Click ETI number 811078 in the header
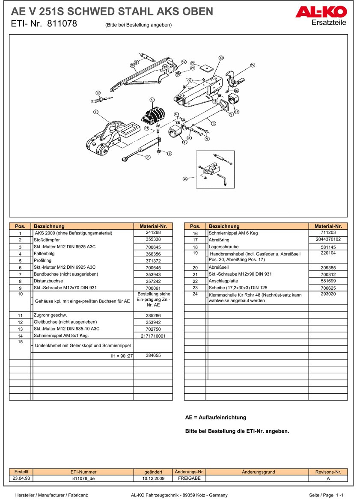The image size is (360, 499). coord(62,24)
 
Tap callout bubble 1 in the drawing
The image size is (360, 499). coord(95,112)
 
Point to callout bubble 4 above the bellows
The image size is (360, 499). coord(152,99)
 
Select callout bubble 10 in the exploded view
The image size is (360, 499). coord(221,57)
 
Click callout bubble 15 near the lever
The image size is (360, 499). coord(252,65)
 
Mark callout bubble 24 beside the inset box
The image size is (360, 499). coord(185,178)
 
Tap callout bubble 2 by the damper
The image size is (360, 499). coord(148,157)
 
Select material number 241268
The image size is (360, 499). coord(153,233)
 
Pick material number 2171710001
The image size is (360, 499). coord(153,336)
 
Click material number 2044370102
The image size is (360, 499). coord(328,240)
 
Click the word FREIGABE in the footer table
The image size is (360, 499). coord(189,478)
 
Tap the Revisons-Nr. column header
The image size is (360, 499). coord(328,472)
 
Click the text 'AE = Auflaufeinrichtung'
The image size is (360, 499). coord(216,417)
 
